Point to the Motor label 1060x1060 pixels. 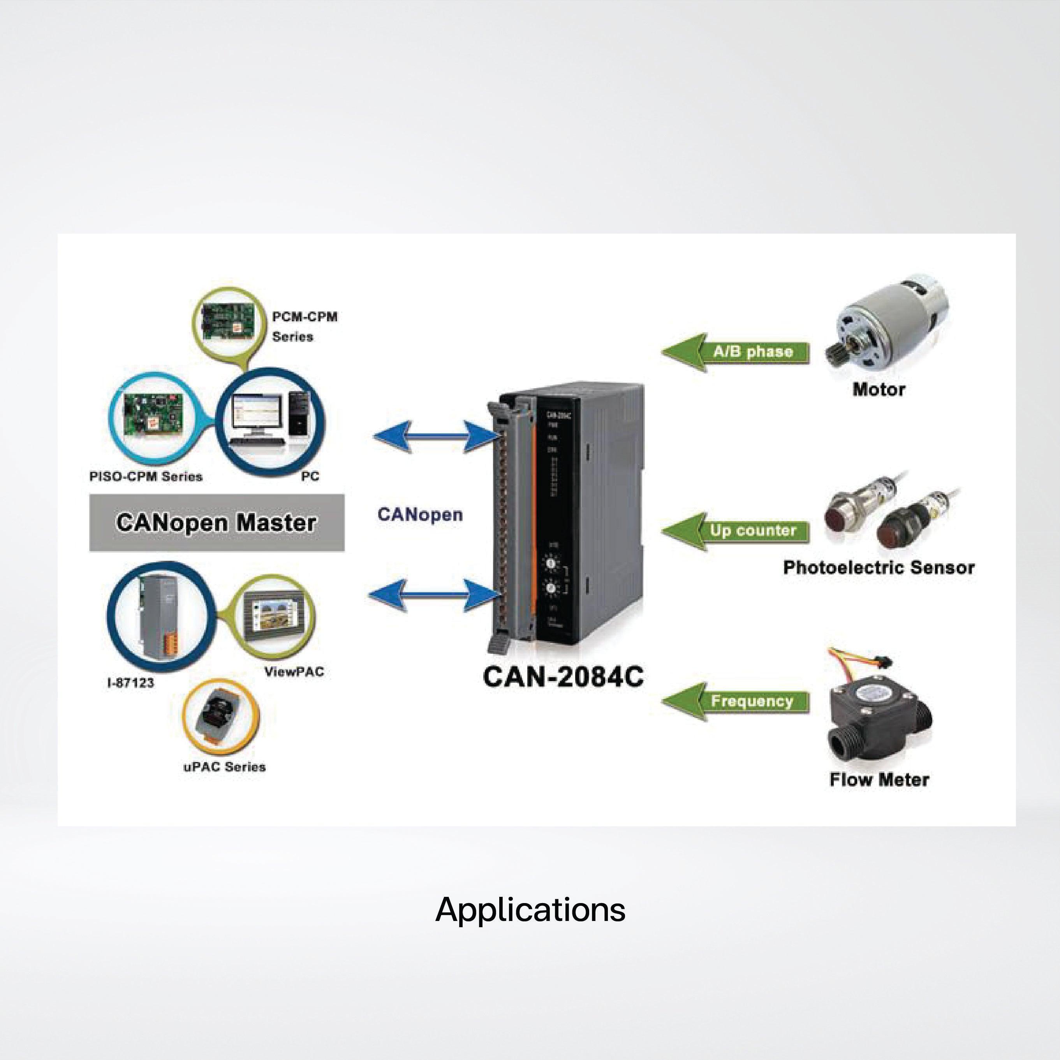(x=879, y=389)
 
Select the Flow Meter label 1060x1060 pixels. (x=879, y=780)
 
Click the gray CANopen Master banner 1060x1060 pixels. (x=217, y=522)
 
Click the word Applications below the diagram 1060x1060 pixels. (x=530, y=910)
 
